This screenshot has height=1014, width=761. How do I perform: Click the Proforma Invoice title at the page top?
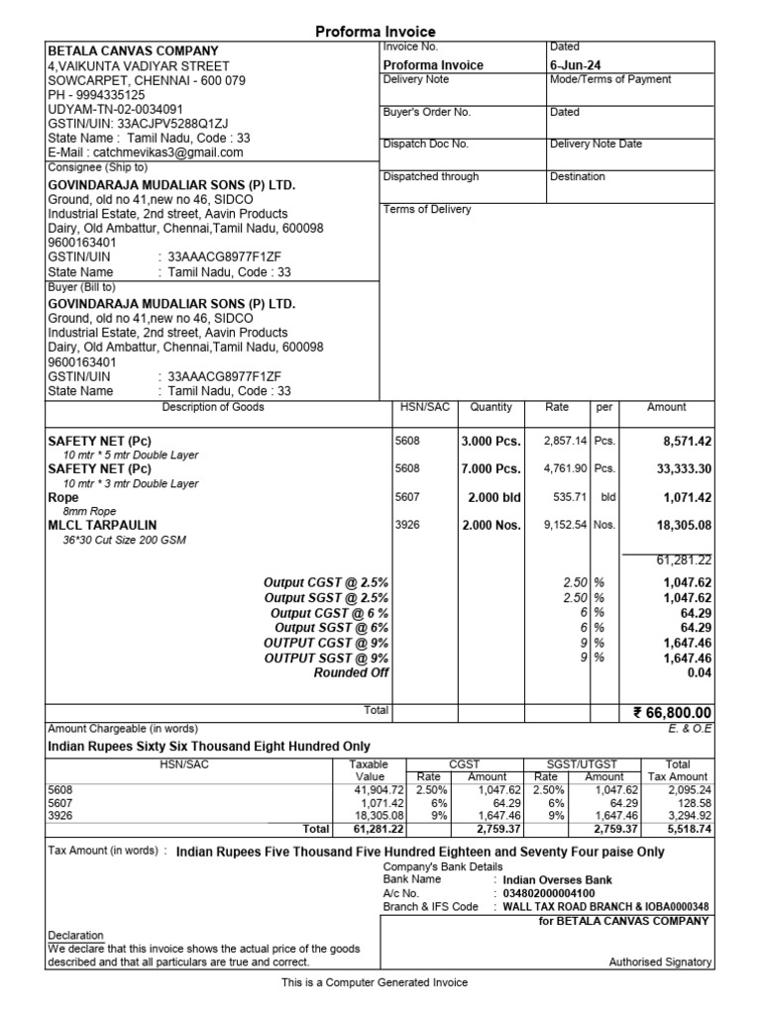[x=376, y=32]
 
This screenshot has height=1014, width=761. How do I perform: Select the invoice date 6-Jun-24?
[x=575, y=65]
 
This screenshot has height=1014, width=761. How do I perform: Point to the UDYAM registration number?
[x=115, y=109]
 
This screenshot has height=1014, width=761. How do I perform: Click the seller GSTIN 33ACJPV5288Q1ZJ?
[x=172, y=124]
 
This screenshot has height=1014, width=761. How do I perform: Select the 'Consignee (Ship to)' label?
[x=97, y=168]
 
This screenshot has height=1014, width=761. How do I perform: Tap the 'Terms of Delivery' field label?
[x=427, y=210]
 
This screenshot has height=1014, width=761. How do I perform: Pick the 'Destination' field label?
[x=577, y=176]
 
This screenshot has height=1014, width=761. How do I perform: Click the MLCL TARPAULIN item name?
[x=102, y=525]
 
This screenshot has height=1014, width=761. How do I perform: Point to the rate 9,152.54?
[x=565, y=525]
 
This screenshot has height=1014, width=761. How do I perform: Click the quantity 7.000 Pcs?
[x=489, y=468]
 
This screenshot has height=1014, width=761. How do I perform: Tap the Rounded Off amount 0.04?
[x=698, y=673]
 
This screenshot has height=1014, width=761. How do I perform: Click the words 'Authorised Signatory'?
[x=659, y=962]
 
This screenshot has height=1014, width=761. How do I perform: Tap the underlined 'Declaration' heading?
[x=75, y=935]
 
